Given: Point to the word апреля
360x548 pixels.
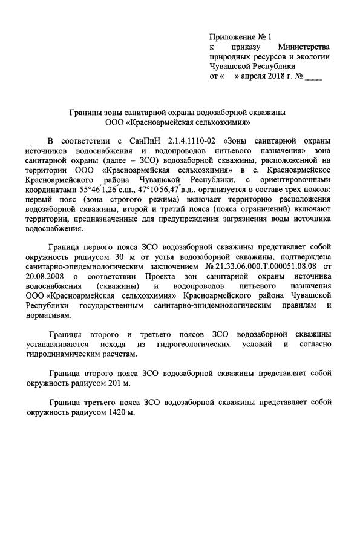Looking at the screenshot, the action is click(x=252, y=78).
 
